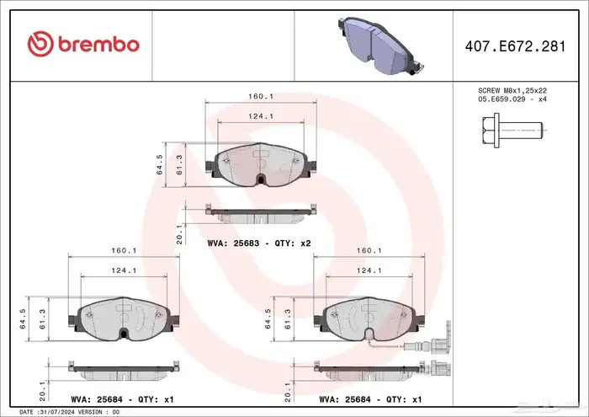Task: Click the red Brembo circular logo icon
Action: click(40, 44)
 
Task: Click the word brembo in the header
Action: click(98, 45)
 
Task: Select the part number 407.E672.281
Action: click(515, 46)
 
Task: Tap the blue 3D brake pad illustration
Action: click(379, 45)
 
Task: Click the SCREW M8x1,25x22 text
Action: click(512, 91)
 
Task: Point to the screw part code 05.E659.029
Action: click(501, 99)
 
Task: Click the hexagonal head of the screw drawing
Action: click(491, 130)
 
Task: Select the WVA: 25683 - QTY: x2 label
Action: click(259, 243)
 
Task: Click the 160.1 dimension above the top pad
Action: click(261, 97)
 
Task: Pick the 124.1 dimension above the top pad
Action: click(261, 116)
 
